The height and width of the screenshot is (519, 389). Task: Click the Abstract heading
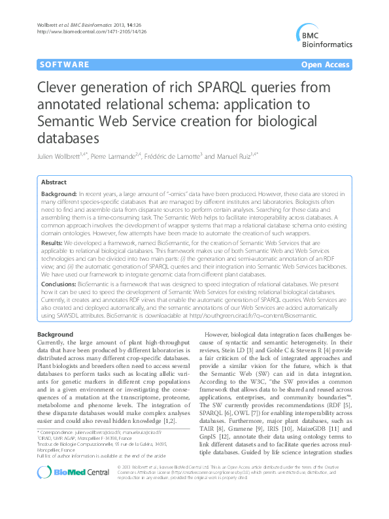54,184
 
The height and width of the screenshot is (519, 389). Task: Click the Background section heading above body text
56,335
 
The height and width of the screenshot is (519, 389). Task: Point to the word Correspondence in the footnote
61,450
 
